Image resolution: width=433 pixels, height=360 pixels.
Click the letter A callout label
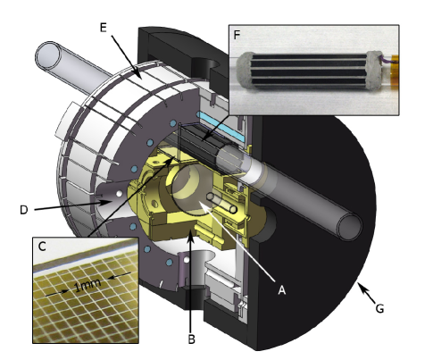281,289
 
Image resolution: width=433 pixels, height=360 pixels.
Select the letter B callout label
192,339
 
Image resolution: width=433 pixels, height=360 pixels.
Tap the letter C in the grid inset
42,247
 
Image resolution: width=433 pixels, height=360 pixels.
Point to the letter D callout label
24,210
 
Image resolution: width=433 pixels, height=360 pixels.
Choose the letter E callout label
103,28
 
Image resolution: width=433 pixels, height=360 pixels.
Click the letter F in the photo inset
237,35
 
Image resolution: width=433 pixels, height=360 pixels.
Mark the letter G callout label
379,309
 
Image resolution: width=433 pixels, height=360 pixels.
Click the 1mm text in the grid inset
87,285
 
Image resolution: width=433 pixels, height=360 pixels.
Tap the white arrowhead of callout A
203,205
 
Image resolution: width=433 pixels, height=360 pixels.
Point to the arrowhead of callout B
191,237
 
